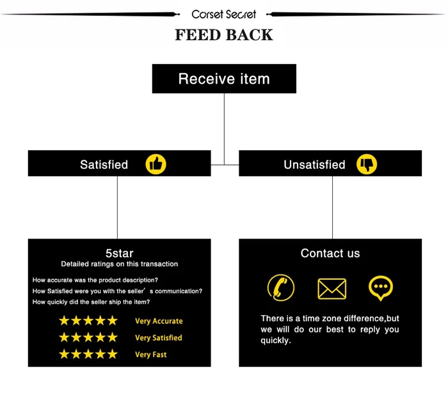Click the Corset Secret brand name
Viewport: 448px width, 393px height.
point(223,14)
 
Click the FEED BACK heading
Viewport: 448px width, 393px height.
point(223,35)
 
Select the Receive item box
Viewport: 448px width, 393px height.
point(223,79)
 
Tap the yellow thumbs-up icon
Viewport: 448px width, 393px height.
point(156,164)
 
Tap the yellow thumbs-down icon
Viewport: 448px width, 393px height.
point(367,164)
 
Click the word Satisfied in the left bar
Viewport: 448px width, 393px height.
point(104,165)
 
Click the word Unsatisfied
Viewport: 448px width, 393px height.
point(314,165)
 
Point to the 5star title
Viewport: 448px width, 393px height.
point(119,253)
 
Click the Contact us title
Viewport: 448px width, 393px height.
point(330,254)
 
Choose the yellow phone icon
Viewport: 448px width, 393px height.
point(280,288)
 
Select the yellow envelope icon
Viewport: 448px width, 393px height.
point(332,289)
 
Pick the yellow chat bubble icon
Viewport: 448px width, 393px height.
point(381,288)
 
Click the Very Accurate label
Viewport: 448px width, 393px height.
point(159,321)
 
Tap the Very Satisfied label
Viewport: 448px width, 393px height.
point(159,338)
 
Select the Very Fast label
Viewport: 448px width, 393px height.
point(151,355)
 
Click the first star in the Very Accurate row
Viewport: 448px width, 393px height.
point(64,321)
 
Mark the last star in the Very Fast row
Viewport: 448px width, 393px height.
point(112,354)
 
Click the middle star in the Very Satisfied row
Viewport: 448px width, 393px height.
point(88,337)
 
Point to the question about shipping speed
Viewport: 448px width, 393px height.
point(91,302)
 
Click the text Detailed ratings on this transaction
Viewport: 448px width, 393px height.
point(120,264)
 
